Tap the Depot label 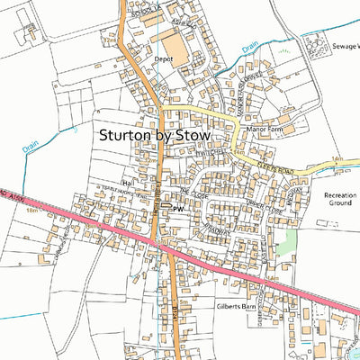tap(164, 59)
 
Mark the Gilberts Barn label tap(237, 307)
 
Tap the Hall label tap(127, 180)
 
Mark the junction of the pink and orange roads tap(158, 246)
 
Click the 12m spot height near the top tap(110, 40)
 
